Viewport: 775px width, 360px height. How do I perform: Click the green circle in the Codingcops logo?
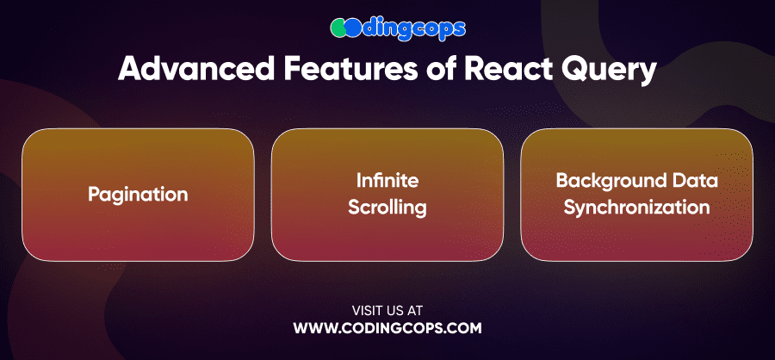[339, 28]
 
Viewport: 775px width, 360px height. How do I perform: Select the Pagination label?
[138, 195]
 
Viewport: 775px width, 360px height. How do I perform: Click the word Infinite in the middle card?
[387, 181]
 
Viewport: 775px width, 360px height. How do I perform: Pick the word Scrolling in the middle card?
[387, 208]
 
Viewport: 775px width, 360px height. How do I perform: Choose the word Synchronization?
[636, 208]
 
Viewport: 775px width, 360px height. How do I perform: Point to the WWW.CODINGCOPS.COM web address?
[387, 328]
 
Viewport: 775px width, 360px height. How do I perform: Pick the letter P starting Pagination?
[93, 194]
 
